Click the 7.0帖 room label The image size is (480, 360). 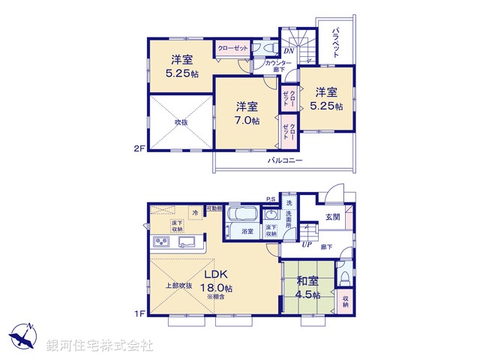(245, 112)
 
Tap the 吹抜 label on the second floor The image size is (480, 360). (181, 121)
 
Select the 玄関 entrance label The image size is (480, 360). (333, 217)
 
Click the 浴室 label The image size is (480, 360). (247, 232)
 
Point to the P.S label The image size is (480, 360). (270, 199)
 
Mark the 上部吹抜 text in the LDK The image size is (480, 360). (179, 286)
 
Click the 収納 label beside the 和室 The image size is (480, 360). (345, 301)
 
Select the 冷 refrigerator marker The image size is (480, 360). (195, 213)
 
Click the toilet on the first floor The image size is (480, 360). (343, 277)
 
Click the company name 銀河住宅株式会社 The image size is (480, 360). (99, 346)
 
